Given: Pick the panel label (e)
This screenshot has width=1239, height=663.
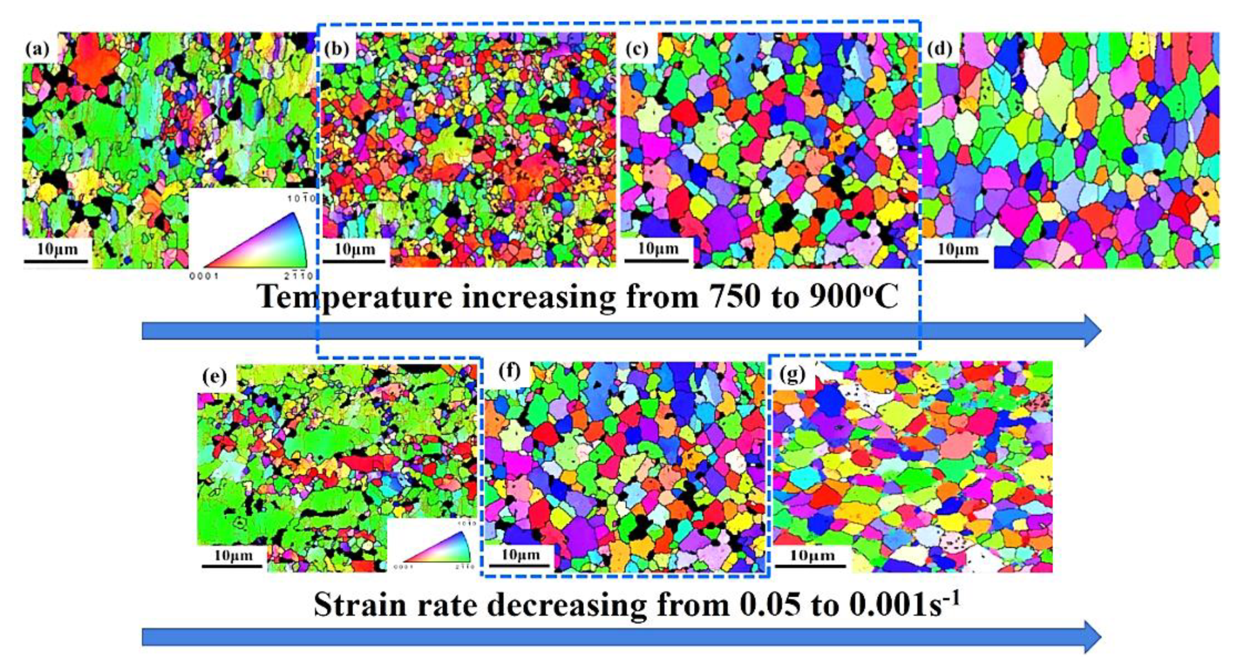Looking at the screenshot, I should pyautogui.click(x=214, y=377).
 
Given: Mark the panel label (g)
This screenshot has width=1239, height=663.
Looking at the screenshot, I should pyautogui.click(x=792, y=374).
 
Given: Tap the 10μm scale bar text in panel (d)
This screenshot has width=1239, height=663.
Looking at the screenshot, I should pyautogui.click(x=958, y=249).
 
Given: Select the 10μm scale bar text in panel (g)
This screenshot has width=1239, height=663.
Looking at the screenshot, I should pyautogui.click(x=812, y=555).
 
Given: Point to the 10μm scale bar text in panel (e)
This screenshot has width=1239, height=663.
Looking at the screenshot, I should pyautogui.click(x=233, y=555).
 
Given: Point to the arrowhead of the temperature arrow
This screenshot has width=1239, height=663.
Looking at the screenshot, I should pyautogui.click(x=1090, y=331).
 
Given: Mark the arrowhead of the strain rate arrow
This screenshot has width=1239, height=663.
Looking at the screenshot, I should pyautogui.click(x=1090, y=638).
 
